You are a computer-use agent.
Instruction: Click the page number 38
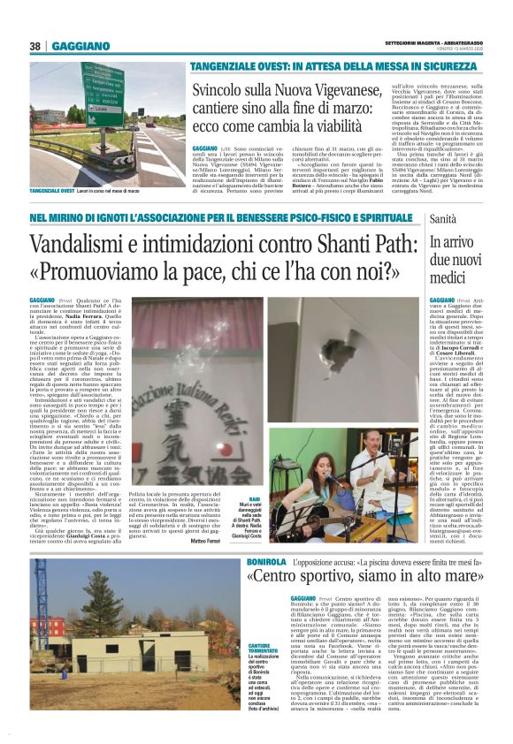(35, 46)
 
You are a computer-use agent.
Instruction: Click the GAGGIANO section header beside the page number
(80, 46)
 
